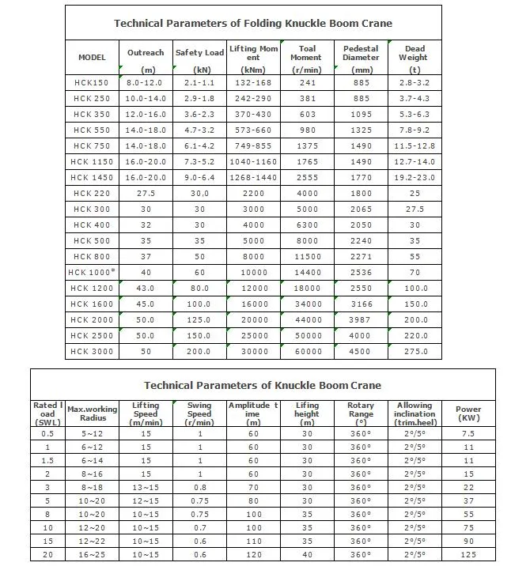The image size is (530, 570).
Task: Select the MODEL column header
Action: (x=92, y=58)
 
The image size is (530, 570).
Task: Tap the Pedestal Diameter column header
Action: (x=361, y=58)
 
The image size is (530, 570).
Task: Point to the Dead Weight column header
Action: (x=415, y=58)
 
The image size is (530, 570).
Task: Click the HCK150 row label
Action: (x=92, y=82)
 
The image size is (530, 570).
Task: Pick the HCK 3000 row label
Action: (x=92, y=351)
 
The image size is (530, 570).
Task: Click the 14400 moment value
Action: (x=306, y=272)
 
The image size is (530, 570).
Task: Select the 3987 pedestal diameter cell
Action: (x=361, y=319)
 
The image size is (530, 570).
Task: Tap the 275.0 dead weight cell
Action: (x=415, y=351)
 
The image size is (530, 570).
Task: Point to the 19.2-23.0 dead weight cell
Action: (x=415, y=177)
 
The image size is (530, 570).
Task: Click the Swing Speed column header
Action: (x=199, y=414)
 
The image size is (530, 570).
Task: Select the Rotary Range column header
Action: (x=361, y=414)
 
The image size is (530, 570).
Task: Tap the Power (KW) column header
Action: (x=468, y=414)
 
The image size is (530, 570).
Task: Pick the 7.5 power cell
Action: (x=468, y=433)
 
